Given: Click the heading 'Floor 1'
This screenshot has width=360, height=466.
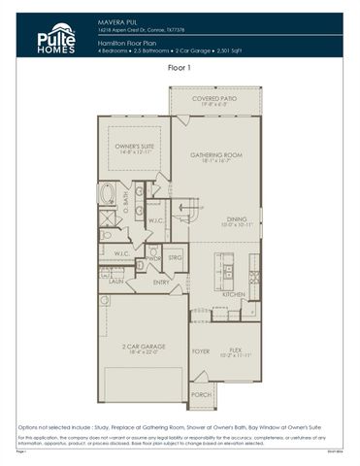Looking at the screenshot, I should pos(180,69).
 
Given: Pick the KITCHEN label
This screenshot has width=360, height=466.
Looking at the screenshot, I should pos(233,295).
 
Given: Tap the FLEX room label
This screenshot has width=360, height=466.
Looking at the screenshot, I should pos(236,352).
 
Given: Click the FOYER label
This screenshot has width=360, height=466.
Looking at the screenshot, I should pos(201,351).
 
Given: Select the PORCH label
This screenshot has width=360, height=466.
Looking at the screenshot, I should pos(202,394).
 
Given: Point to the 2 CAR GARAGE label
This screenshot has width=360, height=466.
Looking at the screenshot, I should pos(143,348).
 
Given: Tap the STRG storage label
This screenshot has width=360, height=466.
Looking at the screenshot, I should pos(176,258).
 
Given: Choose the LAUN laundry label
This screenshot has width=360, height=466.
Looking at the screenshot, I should pos(115,282).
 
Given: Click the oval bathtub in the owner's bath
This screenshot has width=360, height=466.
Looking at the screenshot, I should pos(108,194).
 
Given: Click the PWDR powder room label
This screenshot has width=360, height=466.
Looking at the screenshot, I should pos(154,259).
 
